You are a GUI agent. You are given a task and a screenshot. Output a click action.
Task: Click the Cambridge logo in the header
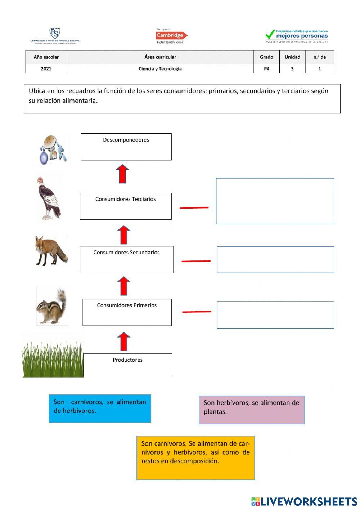(x=171, y=36)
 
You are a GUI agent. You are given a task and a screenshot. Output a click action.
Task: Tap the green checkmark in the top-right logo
(x=270, y=35)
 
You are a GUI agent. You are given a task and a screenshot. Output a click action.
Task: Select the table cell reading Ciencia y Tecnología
(x=160, y=69)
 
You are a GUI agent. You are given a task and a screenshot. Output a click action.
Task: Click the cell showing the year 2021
(x=46, y=69)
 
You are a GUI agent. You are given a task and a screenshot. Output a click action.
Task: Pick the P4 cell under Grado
(x=266, y=69)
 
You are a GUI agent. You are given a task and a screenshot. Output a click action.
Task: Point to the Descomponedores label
(x=126, y=140)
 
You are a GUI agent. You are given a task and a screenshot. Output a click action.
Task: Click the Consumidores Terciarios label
(x=126, y=199)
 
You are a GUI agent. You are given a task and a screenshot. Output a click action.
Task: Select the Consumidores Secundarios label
(x=126, y=253)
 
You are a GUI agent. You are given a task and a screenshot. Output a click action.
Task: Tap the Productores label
(x=127, y=360)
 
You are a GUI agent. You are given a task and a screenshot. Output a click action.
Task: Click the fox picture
(x=51, y=250)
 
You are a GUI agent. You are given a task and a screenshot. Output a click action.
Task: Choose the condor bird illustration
(x=49, y=198)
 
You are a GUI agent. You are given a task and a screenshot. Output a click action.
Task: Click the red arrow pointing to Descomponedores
(x=122, y=174)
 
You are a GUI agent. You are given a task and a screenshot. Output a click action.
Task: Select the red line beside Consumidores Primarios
(x=197, y=312)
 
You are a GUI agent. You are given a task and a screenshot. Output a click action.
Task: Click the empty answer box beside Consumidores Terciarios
(x=275, y=201)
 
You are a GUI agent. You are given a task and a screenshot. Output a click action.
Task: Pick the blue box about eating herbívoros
(x=100, y=408)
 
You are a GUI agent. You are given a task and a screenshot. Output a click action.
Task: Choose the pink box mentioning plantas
(x=251, y=410)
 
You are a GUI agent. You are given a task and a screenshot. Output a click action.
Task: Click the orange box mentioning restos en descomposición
(x=195, y=458)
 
